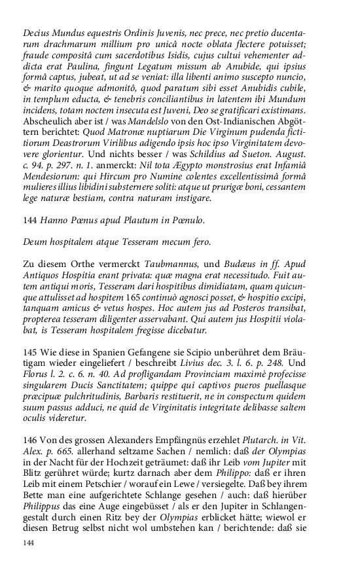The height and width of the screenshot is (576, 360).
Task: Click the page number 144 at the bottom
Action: pyautogui.click(x=29, y=543)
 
